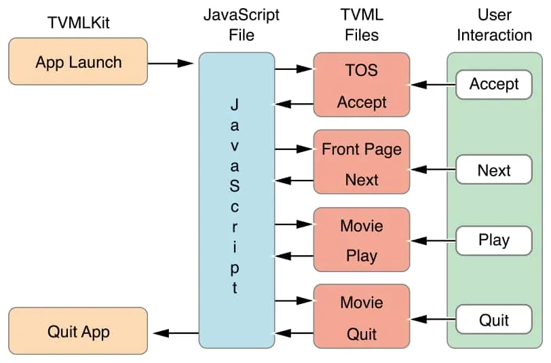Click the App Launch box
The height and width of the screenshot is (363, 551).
78,62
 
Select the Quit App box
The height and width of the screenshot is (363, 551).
78,332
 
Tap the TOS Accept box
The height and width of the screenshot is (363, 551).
362,86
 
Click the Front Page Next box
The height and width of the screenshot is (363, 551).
362,164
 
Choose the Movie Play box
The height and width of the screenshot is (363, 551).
362,241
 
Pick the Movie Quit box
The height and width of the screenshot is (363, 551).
362,318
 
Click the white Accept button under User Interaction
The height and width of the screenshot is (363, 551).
493,85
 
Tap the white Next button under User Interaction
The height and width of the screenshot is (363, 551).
493,170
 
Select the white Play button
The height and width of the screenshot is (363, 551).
493,240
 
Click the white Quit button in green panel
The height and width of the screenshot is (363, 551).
493,319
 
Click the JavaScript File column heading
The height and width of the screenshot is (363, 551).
237,24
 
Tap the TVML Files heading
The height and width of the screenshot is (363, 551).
362,24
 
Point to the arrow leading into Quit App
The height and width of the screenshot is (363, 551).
176,332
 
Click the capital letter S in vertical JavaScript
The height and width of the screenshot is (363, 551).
235,185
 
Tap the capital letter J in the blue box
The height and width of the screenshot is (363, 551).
235,104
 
